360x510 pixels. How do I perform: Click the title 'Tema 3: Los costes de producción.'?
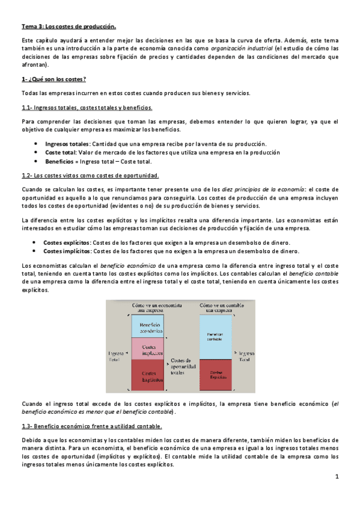click(x=69, y=26)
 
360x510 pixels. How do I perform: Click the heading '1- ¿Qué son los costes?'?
click(x=53, y=79)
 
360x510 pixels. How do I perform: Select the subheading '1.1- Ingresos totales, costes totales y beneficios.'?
click(x=87, y=108)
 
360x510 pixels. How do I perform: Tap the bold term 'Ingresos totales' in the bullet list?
click(x=67, y=144)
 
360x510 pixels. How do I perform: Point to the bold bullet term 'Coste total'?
click(x=59, y=153)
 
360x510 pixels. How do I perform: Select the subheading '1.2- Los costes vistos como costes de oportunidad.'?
click(x=90, y=176)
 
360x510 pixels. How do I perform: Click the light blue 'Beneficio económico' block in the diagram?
click(x=147, y=326)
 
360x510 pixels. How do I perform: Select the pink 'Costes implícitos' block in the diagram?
click(x=147, y=348)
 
